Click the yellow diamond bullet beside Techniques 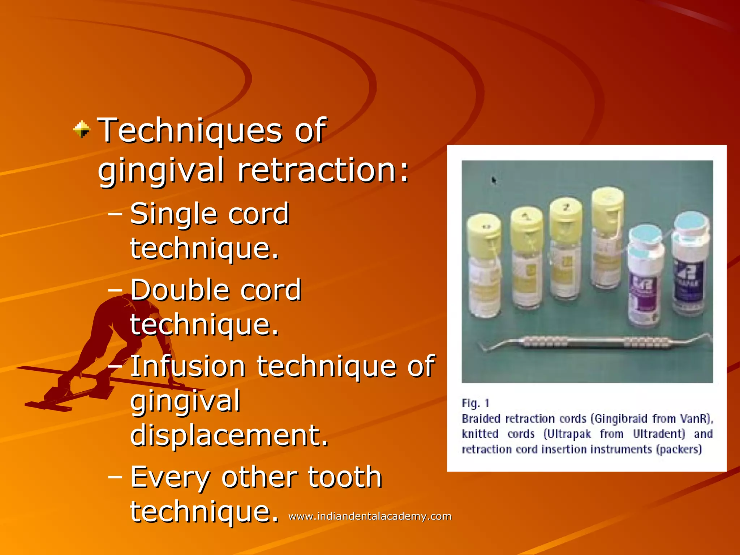(82, 129)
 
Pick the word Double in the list (179, 290)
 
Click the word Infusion (188, 366)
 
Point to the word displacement (229, 435)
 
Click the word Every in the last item (170, 477)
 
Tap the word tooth (345, 477)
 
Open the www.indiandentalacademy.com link (370, 516)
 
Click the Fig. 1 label (475, 403)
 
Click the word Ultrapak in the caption (567, 434)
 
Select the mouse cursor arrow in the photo (494, 180)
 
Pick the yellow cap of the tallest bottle (607, 206)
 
